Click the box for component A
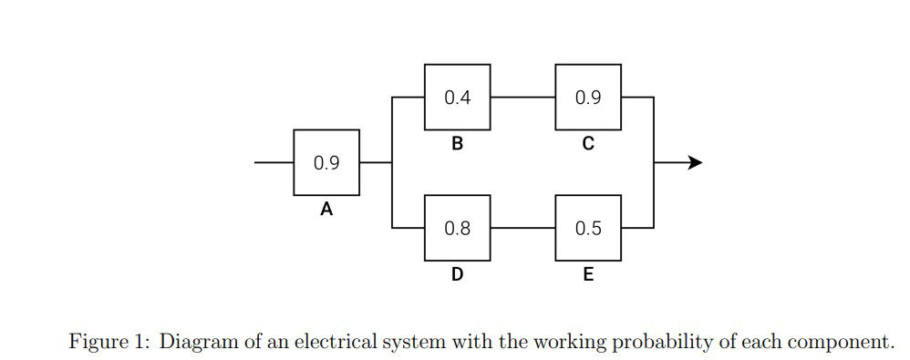point(326,162)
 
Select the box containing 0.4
point(457,98)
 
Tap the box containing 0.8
point(457,228)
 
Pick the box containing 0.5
point(588,228)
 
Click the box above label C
point(588,98)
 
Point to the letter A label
point(326,210)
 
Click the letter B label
point(457,144)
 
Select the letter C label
point(588,144)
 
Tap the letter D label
point(457,273)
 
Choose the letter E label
point(588,273)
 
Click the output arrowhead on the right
point(695,162)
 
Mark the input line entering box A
point(274,162)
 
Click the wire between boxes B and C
point(522,98)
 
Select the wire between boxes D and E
point(522,228)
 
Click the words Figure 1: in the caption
point(109,342)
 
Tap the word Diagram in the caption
point(195,342)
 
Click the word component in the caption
point(834,342)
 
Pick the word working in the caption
point(566,342)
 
